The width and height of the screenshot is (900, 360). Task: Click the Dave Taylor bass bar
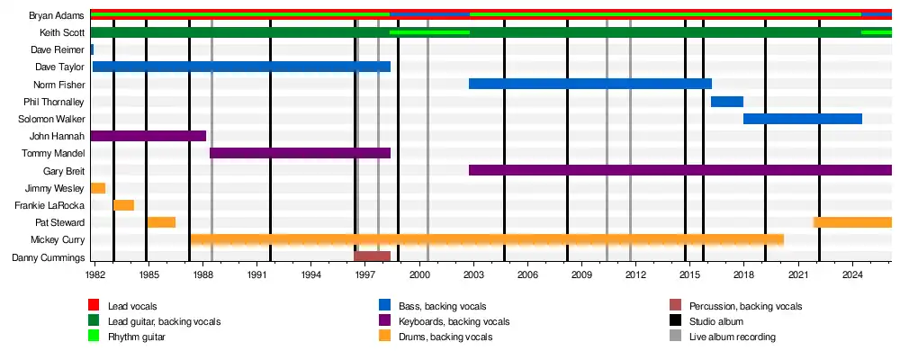pyautogui.click(x=241, y=67)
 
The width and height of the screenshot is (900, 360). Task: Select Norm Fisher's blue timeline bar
pyautogui.click(x=590, y=84)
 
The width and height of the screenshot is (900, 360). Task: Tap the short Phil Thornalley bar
pyautogui.click(x=727, y=102)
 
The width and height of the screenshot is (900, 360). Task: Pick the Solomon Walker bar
pyautogui.click(x=803, y=119)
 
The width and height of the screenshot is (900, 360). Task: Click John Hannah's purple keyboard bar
pyautogui.click(x=148, y=136)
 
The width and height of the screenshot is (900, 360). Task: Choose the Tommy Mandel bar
pyautogui.click(x=301, y=153)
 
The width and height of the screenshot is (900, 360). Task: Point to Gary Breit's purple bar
pyautogui.click(x=680, y=170)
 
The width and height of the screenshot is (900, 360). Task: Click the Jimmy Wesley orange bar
pyautogui.click(x=98, y=188)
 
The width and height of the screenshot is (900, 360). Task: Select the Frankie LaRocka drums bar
pyautogui.click(x=124, y=205)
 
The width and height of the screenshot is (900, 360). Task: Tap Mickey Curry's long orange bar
pyautogui.click(x=487, y=240)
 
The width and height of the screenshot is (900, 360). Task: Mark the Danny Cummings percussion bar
pyautogui.click(x=372, y=256)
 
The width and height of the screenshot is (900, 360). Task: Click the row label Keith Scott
pyautogui.click(x=63, y=32)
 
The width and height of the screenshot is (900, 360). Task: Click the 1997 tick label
pyautogui.click(x=365, y=275)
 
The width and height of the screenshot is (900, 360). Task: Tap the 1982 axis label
pyautogui.click(x=95, y=275)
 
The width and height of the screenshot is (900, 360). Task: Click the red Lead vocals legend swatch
pyautogui.click(x=94, y=305)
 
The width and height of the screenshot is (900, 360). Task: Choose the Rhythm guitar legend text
pyautogui.click(x=137, y=337)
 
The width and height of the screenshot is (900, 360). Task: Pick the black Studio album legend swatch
pyautogui.click(x=676, y=321)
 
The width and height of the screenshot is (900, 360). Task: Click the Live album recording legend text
pyautogui.click(x=733, y=337)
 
